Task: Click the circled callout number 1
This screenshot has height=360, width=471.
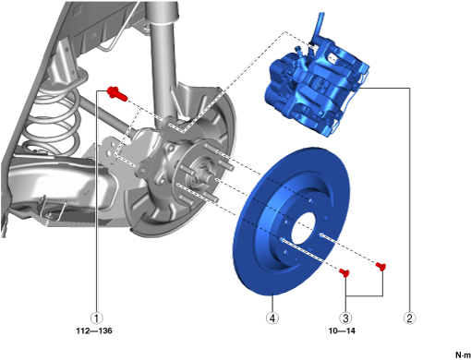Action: [97, 318]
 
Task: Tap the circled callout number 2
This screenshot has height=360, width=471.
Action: [409, 318]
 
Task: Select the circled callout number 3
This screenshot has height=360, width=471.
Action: [345, 318]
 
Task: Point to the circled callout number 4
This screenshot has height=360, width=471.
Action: [272, 318]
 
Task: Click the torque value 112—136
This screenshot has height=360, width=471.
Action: [94, 331]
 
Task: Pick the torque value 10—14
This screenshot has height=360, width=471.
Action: [342, 331]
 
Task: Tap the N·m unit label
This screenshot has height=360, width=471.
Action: [463, 354]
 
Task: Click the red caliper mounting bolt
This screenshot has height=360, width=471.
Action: [117, 93]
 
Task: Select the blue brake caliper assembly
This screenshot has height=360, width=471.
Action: [317, 90]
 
